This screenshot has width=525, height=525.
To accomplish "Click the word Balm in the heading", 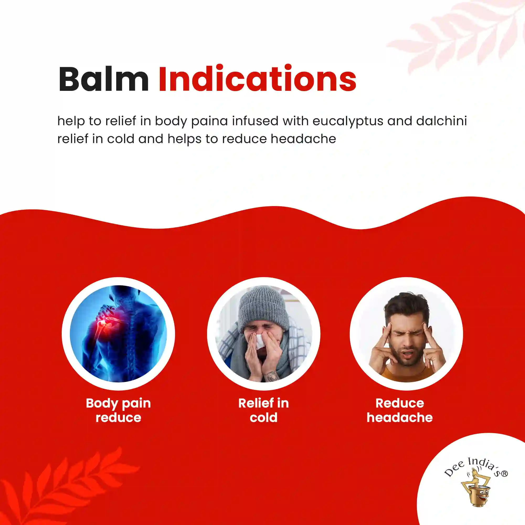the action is pyautogui.click(x=104, y=79).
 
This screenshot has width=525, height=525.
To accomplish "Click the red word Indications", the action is pyautogui.click(x=257, y=78).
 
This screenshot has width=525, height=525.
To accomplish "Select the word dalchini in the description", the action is pyautogui.click(x=441, y=121).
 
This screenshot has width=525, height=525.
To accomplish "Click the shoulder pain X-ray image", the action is pyautogui.click(x=118, y=334).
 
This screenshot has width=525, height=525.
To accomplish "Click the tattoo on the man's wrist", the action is pyautogui.click(x=272, y=376).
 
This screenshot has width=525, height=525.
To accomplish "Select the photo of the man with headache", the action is pyautogui.click(x=406, y=334).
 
